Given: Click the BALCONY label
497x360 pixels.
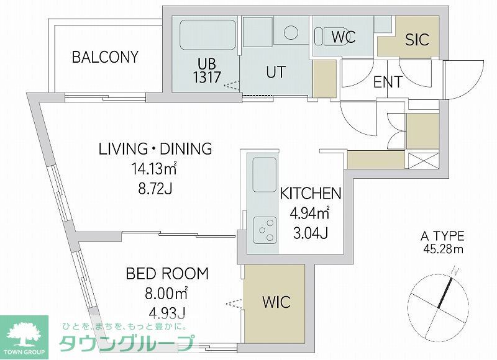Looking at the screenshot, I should point(105,57).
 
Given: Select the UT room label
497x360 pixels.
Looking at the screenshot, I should point(276,71).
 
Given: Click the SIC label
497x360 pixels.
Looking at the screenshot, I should point(417,40).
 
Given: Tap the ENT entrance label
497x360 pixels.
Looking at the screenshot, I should point(388,81).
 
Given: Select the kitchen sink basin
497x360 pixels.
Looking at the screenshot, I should point(264,176).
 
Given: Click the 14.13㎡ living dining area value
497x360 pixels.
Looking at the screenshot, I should point(155,168).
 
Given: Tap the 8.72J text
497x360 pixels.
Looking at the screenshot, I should point(155,188).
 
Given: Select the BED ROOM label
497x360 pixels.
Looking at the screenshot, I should point(167,273).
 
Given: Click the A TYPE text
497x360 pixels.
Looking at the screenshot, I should point(442,236).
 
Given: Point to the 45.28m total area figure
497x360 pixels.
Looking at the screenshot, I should point(442,250).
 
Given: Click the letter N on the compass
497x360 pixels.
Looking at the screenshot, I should point(456,270).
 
